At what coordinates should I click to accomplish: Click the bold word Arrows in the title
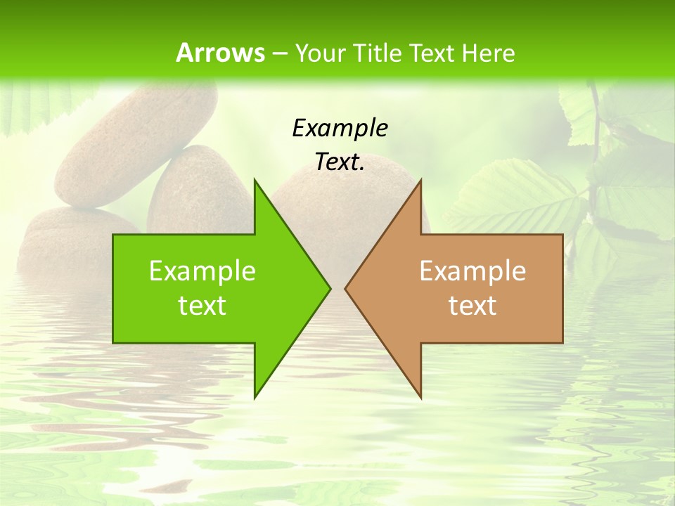(x=220, y=53)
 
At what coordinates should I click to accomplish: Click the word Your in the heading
(x=320, y=53)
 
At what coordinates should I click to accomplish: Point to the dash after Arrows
(x=280, y=53)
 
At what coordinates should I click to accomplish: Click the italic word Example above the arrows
(x=340, y=128)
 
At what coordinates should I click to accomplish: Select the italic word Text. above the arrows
(x=340, y=162)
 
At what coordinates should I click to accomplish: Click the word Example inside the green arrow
(x=202, y=271)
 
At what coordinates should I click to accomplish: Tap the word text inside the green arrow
(x=202, y=306)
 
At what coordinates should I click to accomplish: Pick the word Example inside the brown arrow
(x=472, y=271)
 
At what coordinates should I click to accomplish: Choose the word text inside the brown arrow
(x=472, y=306)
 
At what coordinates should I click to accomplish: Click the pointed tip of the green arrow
(x=330, y=288)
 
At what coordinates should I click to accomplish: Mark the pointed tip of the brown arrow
(x=345, y=288)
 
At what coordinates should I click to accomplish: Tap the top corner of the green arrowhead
(x=255, y=180)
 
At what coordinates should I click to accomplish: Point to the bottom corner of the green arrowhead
(x=255, y=397)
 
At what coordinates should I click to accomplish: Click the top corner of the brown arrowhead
(x=420, y=180)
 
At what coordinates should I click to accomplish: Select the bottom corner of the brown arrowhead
(x=420, y=397)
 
